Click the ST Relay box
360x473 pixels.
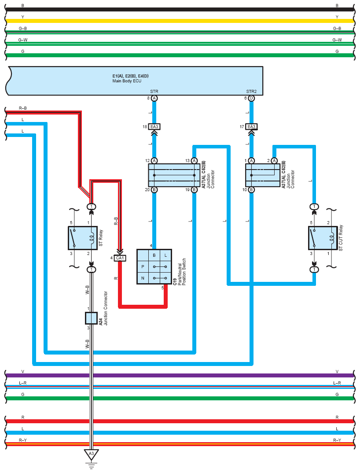(83, 238)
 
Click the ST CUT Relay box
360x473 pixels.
(323, 238)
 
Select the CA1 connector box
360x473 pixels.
(120, 258)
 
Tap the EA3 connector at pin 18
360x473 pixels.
(154, 127)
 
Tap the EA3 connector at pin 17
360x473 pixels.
(251, 127)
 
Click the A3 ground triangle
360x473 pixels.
(92, 454)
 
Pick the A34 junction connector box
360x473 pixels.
(92, 318)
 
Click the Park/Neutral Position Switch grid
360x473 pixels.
(154, 266)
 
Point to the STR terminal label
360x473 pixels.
(154, 92)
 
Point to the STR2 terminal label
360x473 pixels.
(251, 92)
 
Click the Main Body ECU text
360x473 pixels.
(127, 81)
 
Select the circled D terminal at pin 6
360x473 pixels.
(251, 98)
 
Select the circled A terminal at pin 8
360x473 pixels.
(154, 98)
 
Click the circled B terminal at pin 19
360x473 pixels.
(194, 190)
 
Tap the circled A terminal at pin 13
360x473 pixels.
(194, 160)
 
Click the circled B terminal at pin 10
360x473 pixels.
(251, 190)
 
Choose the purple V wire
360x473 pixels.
(180, 376)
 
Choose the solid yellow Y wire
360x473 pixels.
(180, 21)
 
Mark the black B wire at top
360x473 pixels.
(180, 9)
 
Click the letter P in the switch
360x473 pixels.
(143, 266)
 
